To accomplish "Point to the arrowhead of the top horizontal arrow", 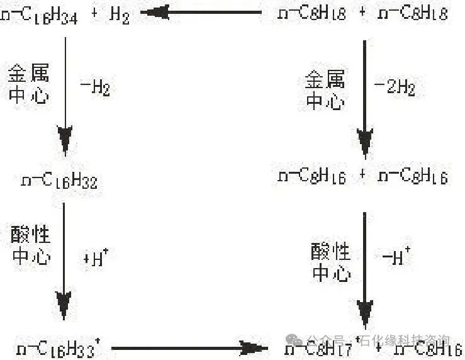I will coord(154,11).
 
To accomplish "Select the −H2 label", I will coord(95,88).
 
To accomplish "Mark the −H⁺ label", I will coord(396,257).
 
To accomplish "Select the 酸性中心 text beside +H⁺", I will coord(30,245).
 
